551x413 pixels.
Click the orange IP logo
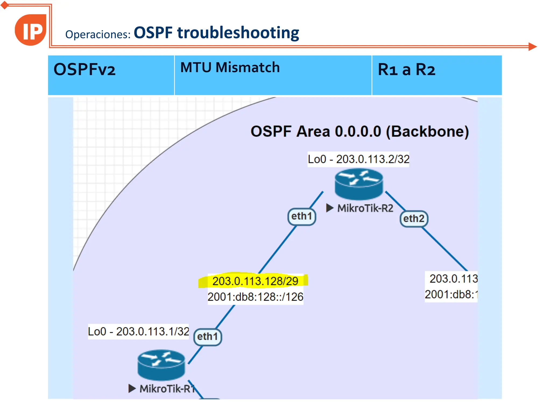pos(31,30)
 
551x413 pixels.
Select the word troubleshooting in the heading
pos(238,33)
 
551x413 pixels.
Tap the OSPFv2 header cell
pos(84,70)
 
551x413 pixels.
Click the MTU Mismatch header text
pos(230,67)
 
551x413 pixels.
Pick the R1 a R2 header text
pos(406,70)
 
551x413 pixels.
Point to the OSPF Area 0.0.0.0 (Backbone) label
pos(359,131)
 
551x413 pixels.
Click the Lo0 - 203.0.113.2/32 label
pos(358,159)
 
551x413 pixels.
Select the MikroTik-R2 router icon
pos(359,184)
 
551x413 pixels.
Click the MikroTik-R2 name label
pos(365,208)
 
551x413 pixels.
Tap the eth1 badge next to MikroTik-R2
pos(302,216)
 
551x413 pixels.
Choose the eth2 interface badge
pos(414,219)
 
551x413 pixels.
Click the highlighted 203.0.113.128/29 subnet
pos(255,281)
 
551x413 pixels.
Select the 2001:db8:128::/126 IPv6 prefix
pos(255,297)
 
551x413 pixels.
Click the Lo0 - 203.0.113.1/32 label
pos(138,332)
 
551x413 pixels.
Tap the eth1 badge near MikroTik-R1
pos(207,337)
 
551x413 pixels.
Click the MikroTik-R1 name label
pos(167,389)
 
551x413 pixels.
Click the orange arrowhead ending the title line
pos(532,47)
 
